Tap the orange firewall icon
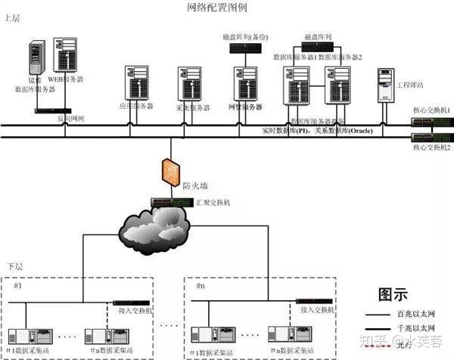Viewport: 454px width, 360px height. pyautogui.click(x=169, y=171)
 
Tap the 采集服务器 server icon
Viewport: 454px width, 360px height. pyautogui.click(x=189, y=82)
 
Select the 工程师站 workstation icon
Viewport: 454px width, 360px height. pyautogui.click(x=385, y=85)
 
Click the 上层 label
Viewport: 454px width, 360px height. pyautogui.click(x=13, y=17)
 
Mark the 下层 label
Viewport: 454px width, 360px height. pyautogui.click(x=16, y=267)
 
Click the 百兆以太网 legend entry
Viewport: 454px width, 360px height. pyautogui.click(x=415, y=312)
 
